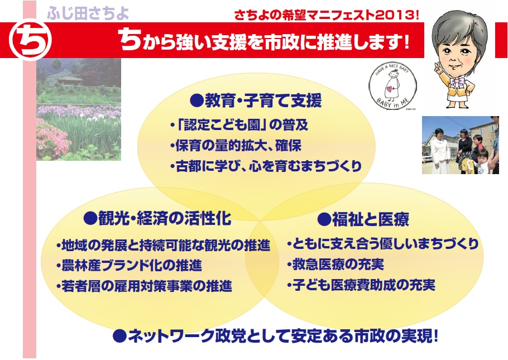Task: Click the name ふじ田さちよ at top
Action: [88, 13]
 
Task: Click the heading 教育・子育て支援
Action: [256, 100]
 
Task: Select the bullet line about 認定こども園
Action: [239, 125]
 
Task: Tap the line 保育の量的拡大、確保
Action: [236, 146]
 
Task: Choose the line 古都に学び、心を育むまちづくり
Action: [266, 166]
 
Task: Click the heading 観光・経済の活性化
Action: [157, 218]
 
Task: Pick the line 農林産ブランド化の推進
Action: [129, 266]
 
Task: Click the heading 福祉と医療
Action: [363, 219]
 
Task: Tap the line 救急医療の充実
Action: [336, 265]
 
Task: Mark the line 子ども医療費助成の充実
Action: [361, 285]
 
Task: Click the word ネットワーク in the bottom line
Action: [171, 336]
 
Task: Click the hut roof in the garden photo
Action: [70, 79]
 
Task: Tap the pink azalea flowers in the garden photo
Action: [52, 140]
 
